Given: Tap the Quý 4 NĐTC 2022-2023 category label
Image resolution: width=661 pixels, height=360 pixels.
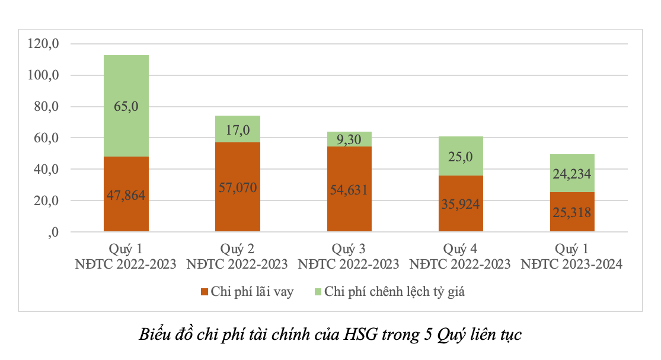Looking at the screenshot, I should (x=461, y=256).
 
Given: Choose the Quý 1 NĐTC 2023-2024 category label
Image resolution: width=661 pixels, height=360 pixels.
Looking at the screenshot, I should (x=572, y=256).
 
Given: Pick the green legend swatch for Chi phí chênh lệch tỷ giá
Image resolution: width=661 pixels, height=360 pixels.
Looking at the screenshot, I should (x=317, y=292).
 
